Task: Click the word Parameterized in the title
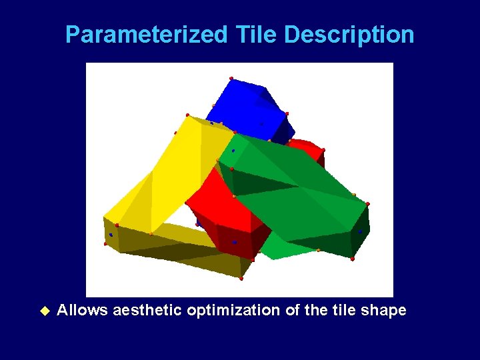click(x=146, y=35)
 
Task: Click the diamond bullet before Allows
click(x=45, y=311)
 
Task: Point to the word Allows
click(x=83, y=311)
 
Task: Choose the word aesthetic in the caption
click(x=147, y=311)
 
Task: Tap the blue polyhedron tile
click(x=250, y=107)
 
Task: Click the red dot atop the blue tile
click(x=231, y=79)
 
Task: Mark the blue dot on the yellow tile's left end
click(x=111, y=235)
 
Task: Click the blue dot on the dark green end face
click(x=361, y=232)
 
